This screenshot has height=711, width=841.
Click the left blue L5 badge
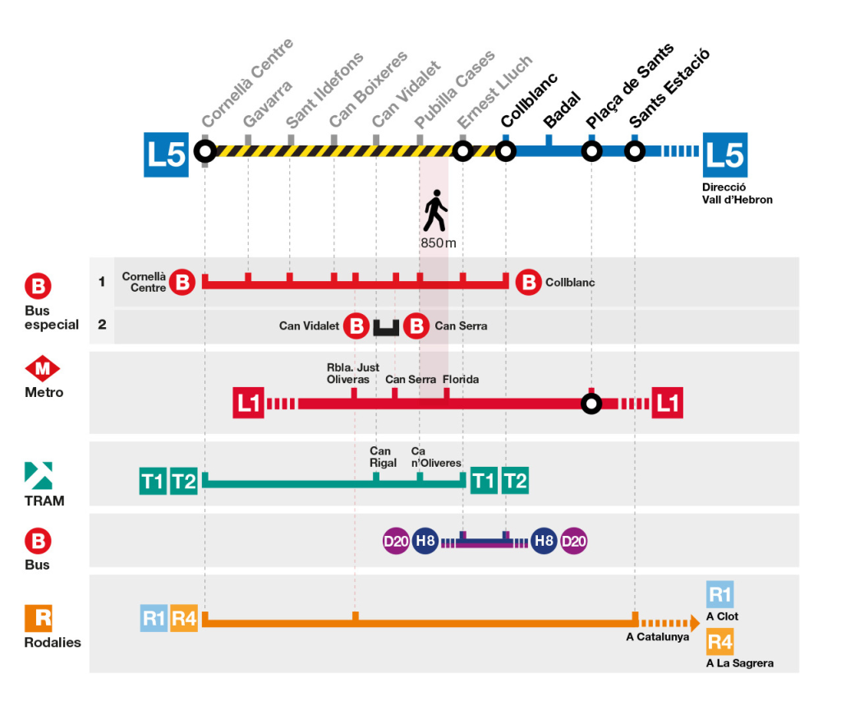coord(167,154)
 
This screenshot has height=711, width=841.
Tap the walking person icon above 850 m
coord(434,212)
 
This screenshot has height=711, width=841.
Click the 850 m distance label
coord(438,243)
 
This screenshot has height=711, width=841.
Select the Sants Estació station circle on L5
coord(634,151)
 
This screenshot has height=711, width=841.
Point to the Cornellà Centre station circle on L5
coord(205,151)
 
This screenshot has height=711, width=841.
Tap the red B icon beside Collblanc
coord(527,282)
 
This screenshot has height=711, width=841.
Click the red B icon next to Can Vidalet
coord(356,325)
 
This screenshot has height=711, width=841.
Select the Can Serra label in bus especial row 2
coord(461,326)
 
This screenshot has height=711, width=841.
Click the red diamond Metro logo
coord(43,369)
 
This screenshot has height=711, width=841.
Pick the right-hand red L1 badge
coord(667,404)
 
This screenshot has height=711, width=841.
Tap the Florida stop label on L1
coord(460,380)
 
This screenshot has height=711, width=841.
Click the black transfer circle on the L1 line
coord(591,404)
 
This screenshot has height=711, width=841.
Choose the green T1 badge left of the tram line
coord(153,481)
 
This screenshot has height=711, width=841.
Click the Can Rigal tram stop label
coord(383,457)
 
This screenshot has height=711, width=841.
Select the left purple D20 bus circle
coord(396,541)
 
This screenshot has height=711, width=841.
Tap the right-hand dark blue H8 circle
coord(543,541)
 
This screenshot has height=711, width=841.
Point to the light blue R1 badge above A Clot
coord(719,595)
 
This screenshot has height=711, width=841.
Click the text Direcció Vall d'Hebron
coord(737,193)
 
